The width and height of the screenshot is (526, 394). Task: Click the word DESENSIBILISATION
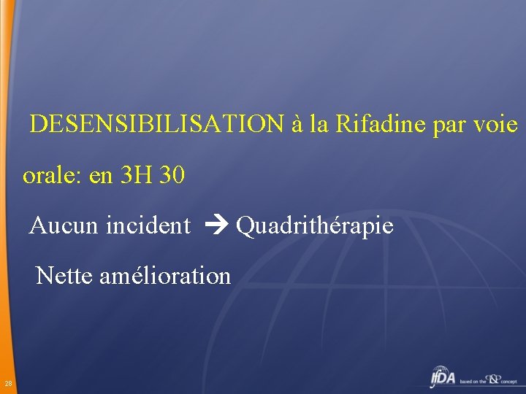156,124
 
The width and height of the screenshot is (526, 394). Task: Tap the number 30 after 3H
170,176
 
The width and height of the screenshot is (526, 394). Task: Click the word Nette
63,276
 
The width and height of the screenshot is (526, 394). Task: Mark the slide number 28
7,384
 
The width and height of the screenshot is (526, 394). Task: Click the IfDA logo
443,378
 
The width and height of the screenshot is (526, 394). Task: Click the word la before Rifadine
318,124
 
